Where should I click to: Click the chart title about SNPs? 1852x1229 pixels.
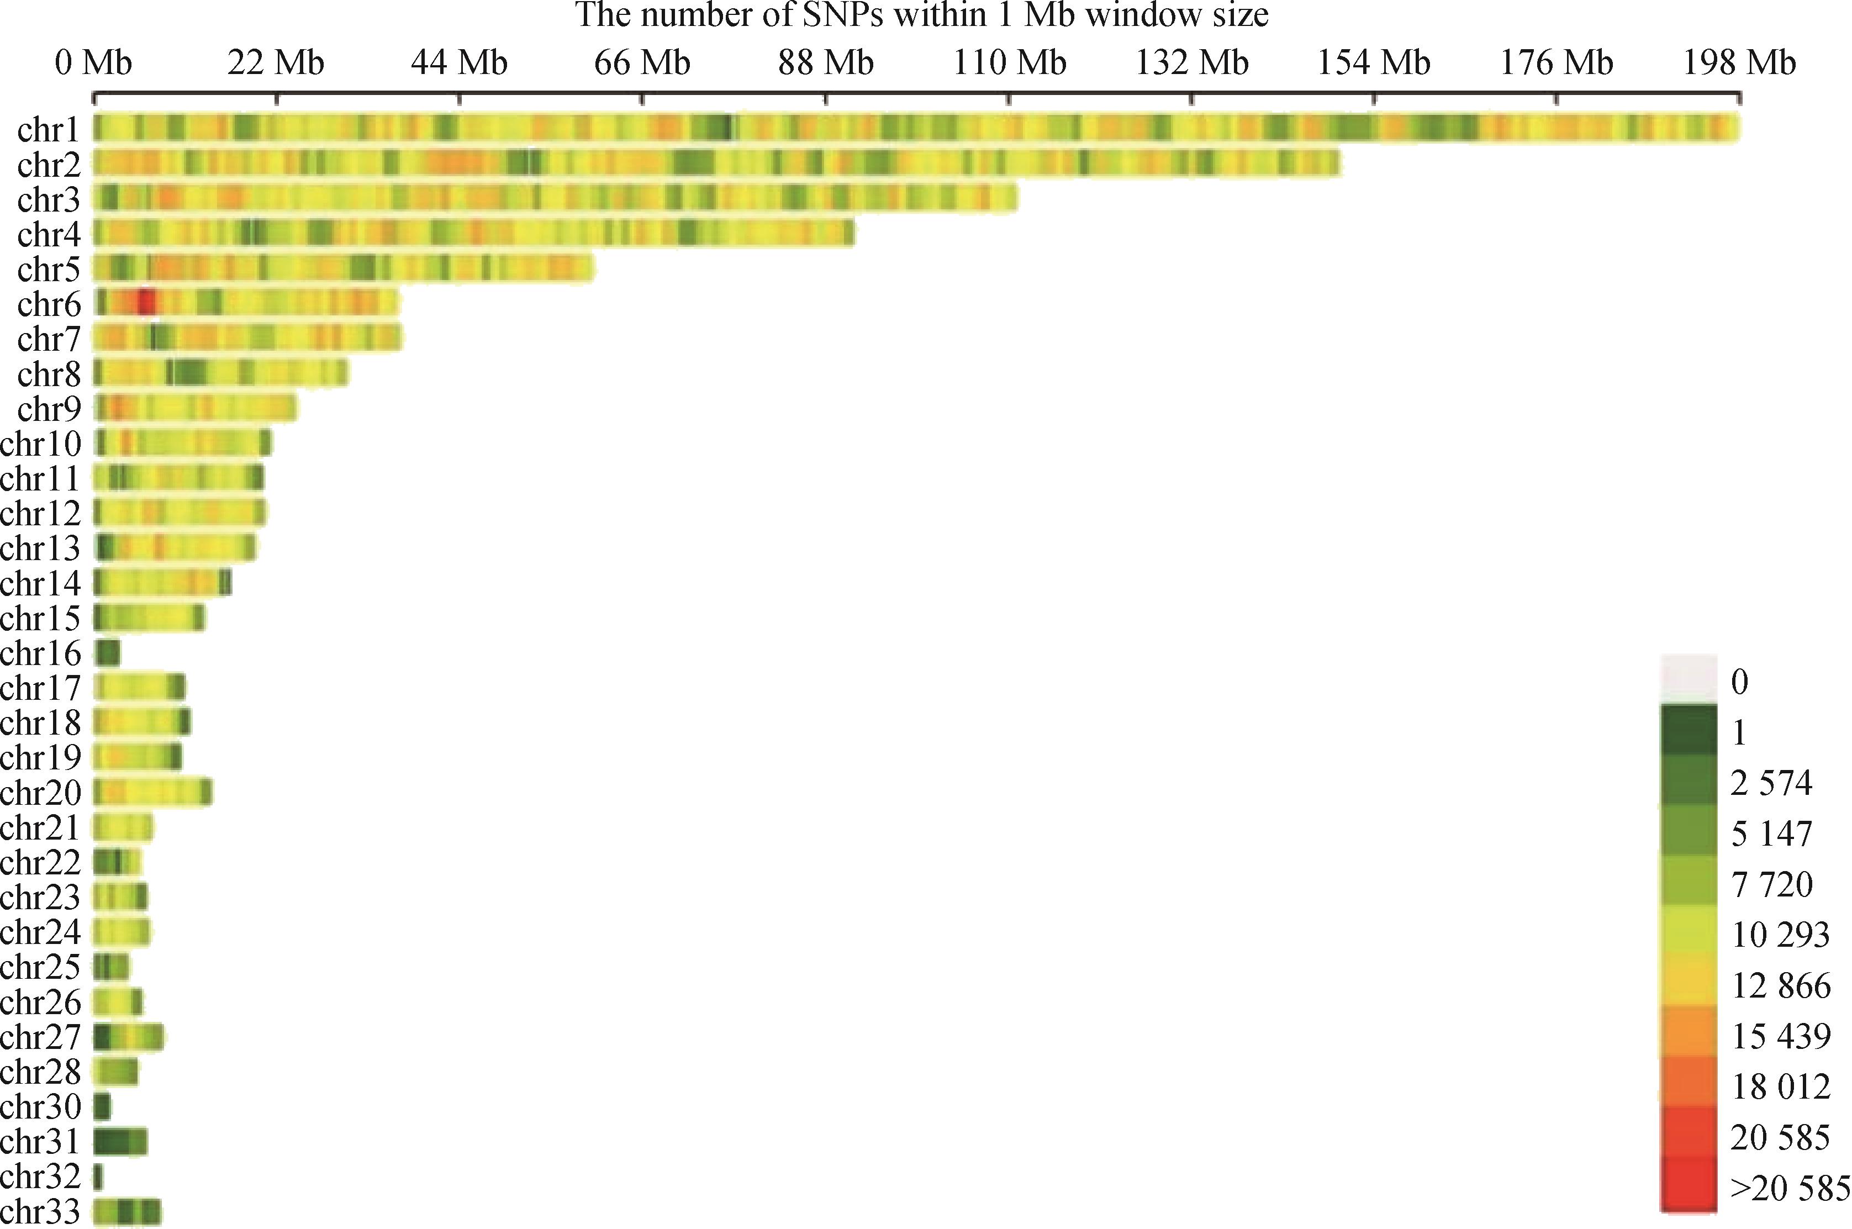pyautogui.click(x=922, y=15)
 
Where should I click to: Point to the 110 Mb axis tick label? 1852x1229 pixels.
pyautogui.click(x=1009, y=63)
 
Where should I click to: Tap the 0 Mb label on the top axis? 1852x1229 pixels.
pyautogui.click(x=93, y=63)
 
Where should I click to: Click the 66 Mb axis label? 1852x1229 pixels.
pyautogui.click(x=642, y=63)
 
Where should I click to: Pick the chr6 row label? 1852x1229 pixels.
pyautogui.click(x=49, y=304)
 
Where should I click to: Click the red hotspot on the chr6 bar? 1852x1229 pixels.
pyautogui.click(x=146, y=302)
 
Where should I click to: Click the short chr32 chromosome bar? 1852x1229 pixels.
pyautogui.click(x=98, y=1176)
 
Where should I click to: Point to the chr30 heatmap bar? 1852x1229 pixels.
pyautogui.click(x=102, y=1106)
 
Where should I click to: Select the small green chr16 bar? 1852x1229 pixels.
pyautogui.click(x=107, y=652)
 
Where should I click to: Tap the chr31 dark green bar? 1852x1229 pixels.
pyautogui.click(x=119, y=1141)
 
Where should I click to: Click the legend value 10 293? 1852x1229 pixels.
pyautogui.click(x=1780, y=934)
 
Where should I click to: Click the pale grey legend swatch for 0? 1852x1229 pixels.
pyautogui.click(x=1687, y=679)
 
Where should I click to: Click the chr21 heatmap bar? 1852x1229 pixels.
pyautogui.click(x=123, y=827)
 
